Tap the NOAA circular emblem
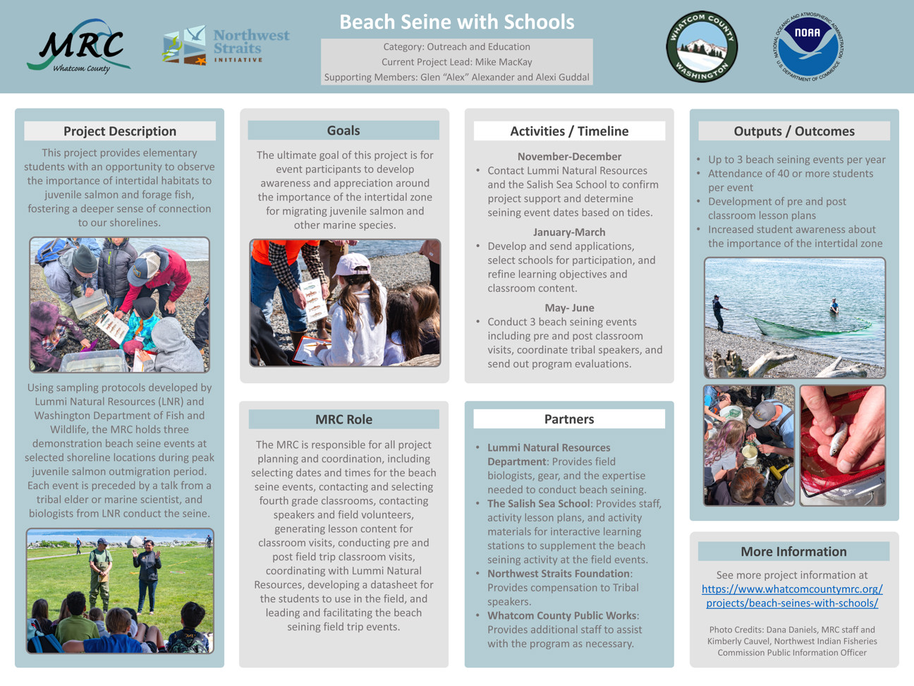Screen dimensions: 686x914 click(x=808, y=47)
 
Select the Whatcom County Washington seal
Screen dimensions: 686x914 click(x=702, y=47)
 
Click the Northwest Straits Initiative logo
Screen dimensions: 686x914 click(x=226, y=46)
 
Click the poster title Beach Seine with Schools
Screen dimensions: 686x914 click(x=456, y=22)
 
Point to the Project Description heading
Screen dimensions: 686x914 click(x=120, y=131)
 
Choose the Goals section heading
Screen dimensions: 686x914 click(x=343, y=131)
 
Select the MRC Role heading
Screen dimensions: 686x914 click(x=343, y=419)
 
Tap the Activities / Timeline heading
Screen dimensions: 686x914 click(x=569, y=131)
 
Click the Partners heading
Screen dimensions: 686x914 click(x=569, y=419)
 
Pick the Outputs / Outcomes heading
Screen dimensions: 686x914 click(x=794, y=131)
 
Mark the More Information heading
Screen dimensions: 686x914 click(x=793, y=552)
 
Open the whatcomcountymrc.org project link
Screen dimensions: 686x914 click(x=792, y=596)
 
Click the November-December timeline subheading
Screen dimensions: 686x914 click(x=569, y=157)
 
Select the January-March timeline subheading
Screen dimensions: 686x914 click(x=569, y=232)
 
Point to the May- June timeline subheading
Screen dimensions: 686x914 click(x=569, y=308)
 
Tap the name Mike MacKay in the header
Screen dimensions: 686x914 click(x=504, y=62)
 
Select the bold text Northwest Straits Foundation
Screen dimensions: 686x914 click(x=558, y=574)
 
